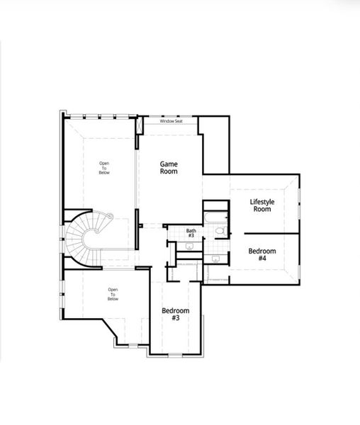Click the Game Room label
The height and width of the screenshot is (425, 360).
click(168, 167)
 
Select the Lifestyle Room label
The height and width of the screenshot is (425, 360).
click(262, 205)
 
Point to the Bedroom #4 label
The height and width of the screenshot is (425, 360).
click(262, 255)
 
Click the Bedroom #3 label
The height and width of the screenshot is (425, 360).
click(175, 314)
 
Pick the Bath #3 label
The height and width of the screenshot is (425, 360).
click(191, 233)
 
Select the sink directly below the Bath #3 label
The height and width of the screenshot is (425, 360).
click(190, 246)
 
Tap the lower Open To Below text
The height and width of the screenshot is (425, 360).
click(113, 294)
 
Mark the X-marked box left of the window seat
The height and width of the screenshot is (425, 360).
click(140, 122)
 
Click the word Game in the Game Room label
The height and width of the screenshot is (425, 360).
click(168, 163)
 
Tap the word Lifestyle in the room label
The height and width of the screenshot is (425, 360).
click(262, 201)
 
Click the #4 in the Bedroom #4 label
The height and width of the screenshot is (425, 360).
click(262, 259)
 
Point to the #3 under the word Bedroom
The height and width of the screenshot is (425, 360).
click(175, 319)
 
